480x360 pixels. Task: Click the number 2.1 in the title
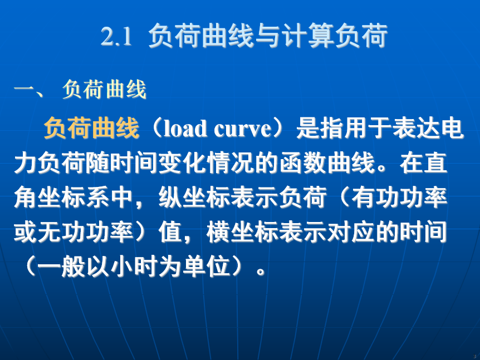click(x=116, y=36)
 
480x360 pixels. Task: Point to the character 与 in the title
click(x=267, y=36)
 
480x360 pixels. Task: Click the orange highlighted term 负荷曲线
click(x=91, y=128)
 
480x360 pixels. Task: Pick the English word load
click(x=185, y=129)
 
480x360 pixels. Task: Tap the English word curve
click(x=242, y=129)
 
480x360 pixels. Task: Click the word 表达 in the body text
click(x=415, y=128)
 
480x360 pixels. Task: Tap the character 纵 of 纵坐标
click(x=170, y=198)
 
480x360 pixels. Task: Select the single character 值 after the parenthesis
click(x=170, y=233)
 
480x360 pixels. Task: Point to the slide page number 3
click(x=474, y=356)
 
